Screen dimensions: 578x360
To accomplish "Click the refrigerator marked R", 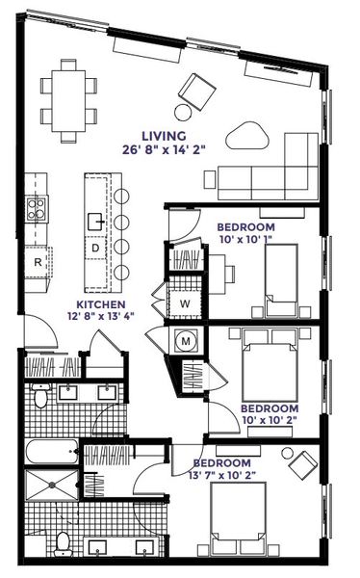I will pyautogui.click(x=38, y=261).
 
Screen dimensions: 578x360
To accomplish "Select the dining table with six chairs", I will pyautogui.click(x=69, y=93).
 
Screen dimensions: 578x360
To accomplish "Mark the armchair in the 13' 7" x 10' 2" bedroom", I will pyautogui.click(x=304, y=463).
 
